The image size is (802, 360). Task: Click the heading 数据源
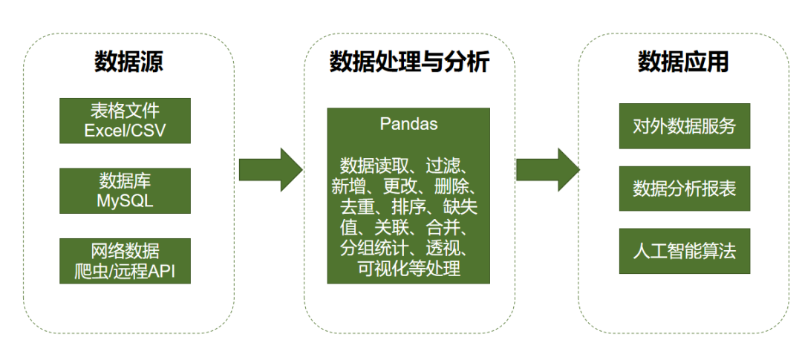coord(128,62)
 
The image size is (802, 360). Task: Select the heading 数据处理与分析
coord(409,62)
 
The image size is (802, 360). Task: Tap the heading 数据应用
coord(683,62)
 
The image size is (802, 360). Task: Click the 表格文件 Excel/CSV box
coord(125,121)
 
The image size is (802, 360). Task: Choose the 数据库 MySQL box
coord(125,191)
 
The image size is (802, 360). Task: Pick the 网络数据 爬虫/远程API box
coord(125,261)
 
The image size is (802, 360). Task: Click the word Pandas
coord(408,124)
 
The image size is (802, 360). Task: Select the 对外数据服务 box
coord(684,125)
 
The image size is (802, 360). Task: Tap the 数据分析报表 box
coord(684,189)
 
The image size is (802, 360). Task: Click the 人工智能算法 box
coord(684,251)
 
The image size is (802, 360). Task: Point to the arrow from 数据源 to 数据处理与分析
coord(270,169)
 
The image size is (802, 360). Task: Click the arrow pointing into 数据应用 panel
coord(547,169)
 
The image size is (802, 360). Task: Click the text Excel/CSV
coord(125,131)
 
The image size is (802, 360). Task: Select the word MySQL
coord(125,201)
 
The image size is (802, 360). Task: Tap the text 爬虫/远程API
coord(125,271)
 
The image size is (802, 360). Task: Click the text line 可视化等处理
coord(409,268)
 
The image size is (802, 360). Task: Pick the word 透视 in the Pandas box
coord(442,247)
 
